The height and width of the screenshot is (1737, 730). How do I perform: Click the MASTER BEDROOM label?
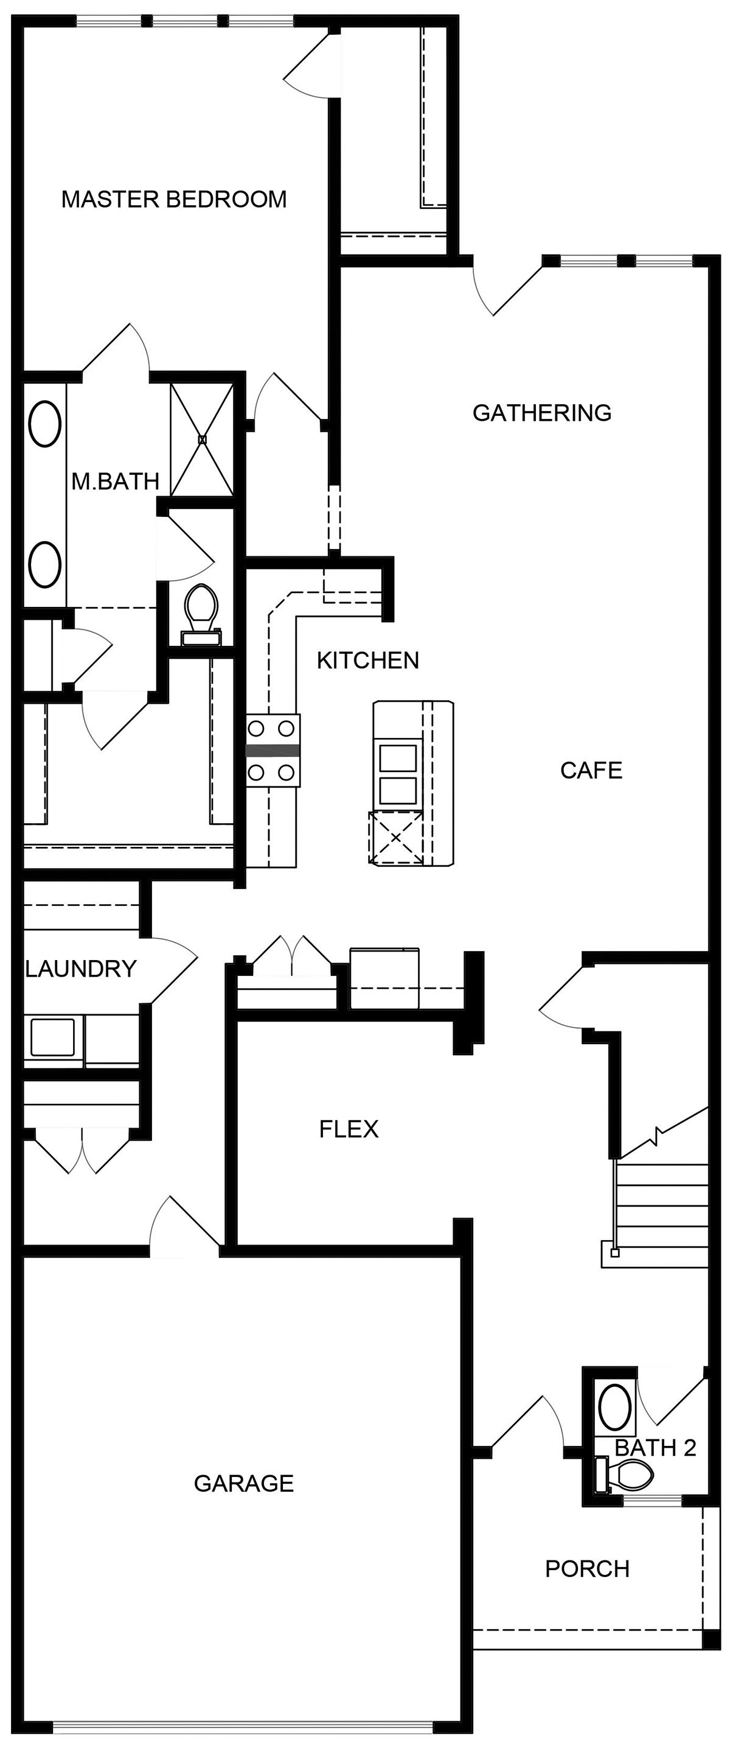coord(174,200)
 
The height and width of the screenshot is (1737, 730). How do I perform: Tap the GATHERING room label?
coord(541,413)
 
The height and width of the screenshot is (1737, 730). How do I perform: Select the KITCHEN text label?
coord(367,660)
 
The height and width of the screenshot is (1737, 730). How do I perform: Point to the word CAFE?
coord(591,770)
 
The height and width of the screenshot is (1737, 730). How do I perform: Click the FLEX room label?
coord(349,1129)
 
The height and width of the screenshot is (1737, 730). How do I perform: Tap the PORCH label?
coord(587,1569)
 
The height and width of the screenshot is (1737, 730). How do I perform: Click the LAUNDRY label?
coord(81,969)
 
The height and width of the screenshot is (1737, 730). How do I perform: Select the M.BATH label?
coord(115,482)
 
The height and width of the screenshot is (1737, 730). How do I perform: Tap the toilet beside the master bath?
coord(201,608)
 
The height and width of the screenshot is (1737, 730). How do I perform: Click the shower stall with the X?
coord(201,439)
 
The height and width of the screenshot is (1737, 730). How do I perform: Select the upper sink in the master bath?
coord(45,424)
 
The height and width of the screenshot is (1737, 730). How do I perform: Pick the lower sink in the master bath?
coord(45,564)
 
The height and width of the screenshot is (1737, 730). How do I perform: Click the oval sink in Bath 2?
coord(615,1406)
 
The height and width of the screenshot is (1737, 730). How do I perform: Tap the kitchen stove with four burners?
coord(272,750)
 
